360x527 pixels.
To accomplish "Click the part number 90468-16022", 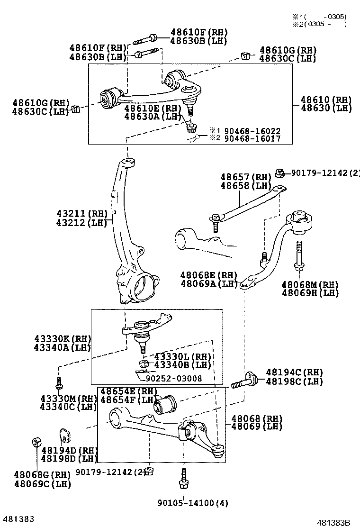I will pyautogui.click(x=252, y=131).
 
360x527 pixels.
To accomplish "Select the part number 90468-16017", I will pyautogui.click(x=252, y=139).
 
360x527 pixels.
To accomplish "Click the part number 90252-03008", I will pyautogui.click(x=174, y=378).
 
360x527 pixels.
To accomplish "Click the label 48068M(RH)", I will pyautogui.click(x=310, y=284).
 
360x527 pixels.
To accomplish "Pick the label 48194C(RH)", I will pyautogui.click(x=294, y=373).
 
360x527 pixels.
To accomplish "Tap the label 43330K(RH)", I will pyautogui.click(x=63, y=339).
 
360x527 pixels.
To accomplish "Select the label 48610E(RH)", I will pyautogui.click(x=153, y=108).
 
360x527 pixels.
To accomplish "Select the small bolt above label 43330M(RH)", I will pyautogui.click(x=59, y=382).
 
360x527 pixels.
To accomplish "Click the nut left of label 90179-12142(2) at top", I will pyautogui.click(x=279, y=172).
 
